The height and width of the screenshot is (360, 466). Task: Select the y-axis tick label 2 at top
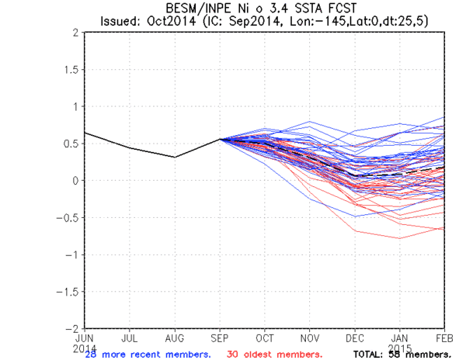[73, 33]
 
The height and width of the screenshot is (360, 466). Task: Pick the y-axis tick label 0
[73, 181]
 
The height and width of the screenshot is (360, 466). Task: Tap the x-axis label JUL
[130, 339]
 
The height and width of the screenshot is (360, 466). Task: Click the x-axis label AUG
[176, 339]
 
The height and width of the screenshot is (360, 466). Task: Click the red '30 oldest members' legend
[273, 354]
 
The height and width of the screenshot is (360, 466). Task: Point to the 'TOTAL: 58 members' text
[402, 354]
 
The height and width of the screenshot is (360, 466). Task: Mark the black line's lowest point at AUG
[176, 157]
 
